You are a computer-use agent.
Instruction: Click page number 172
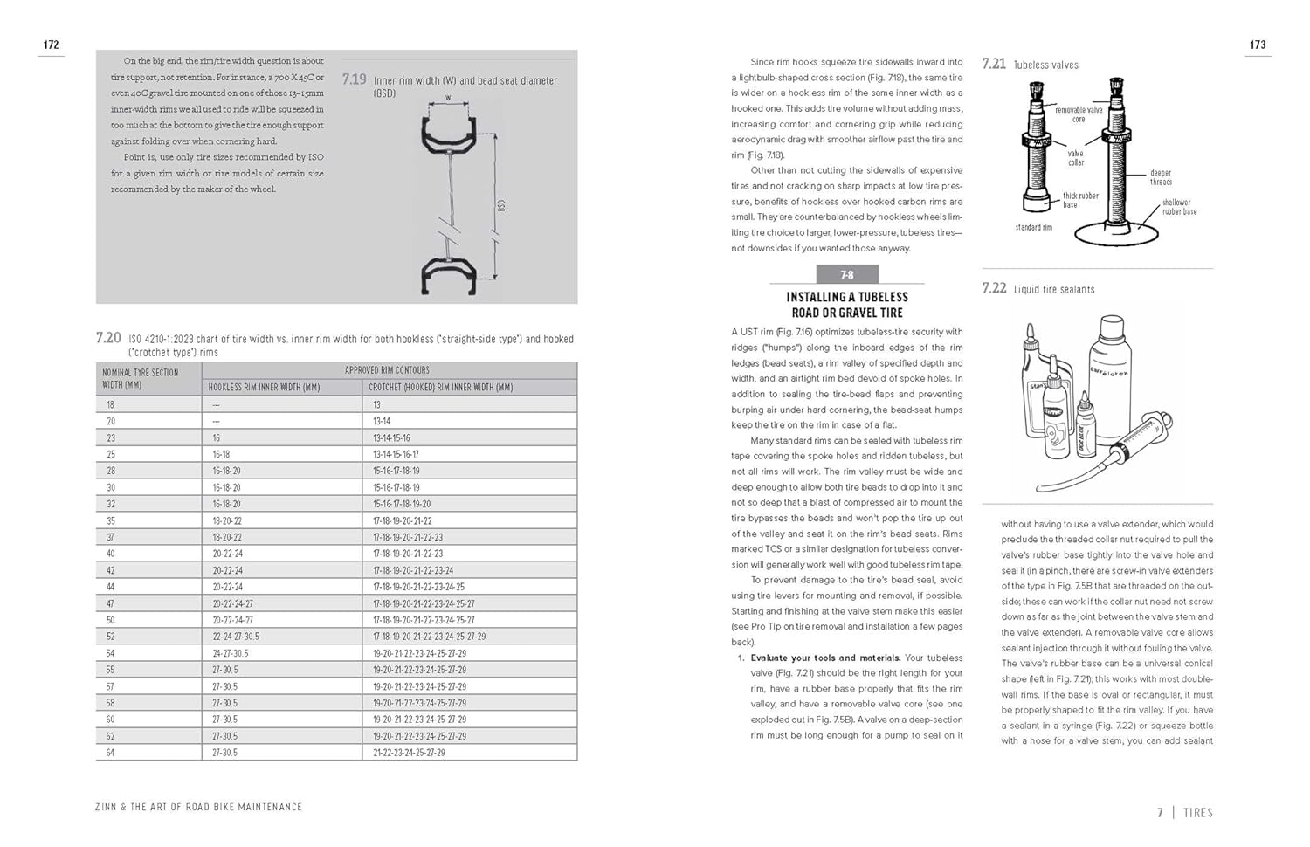coord(51,45)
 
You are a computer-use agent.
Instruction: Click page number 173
coord(1258,45)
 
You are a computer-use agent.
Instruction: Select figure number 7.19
coord(354,79)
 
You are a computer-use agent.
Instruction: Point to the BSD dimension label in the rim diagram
coord(501,206)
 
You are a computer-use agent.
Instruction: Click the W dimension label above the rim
coord(448,98)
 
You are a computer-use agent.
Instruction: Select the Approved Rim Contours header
coord(387,370)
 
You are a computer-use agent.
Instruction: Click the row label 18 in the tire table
coord(110,404)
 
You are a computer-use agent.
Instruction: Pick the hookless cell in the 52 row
coord(236,637)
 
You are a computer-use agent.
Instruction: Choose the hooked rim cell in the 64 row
coord(409,753)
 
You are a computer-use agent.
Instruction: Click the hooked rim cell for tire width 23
coord(391,437)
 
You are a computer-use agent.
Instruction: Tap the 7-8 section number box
coord(846,275)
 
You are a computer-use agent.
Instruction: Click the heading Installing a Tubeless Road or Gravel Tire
coord(846,305)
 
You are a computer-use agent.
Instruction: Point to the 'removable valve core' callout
coord(1079,114)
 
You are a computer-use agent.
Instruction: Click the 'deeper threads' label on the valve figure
coord(1161,177)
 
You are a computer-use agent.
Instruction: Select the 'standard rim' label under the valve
coord(1033,227)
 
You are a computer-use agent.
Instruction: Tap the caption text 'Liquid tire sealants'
coord(1053,289)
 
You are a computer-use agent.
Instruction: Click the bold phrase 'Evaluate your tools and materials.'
coord(825,658)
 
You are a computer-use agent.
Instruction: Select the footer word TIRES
coord(1197,812)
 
